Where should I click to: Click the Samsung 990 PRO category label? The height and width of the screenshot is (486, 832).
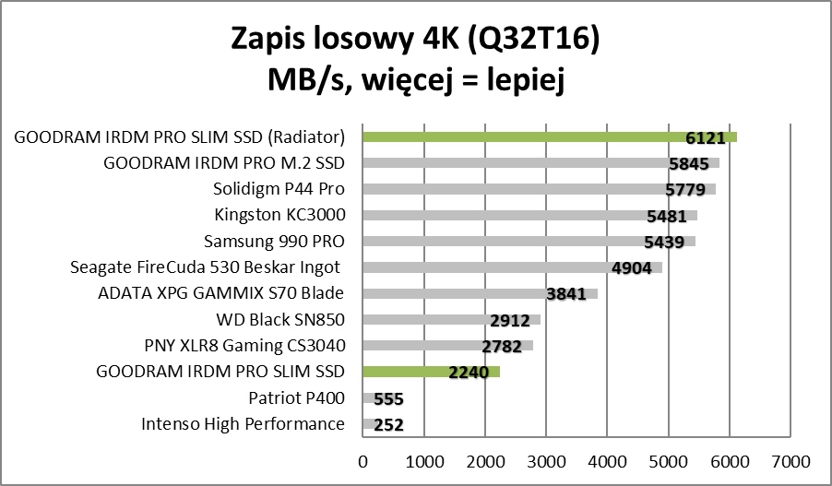tap(273, 242)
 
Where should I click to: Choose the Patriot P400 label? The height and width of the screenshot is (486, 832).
tap(296, 398)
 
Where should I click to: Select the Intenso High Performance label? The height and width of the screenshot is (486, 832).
tap(243, 424)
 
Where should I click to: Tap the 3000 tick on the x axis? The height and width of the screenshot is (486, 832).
tap(546, 460)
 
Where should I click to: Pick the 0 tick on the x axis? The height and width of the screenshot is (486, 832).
tap(363, 460)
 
